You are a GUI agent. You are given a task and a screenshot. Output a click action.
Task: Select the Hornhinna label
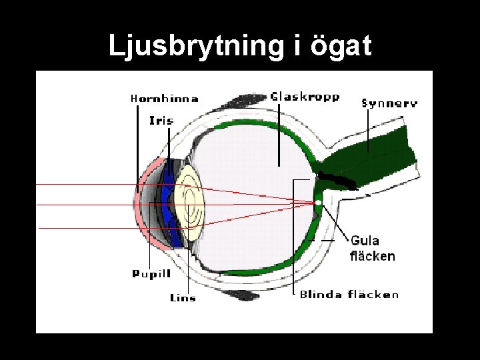pyautogui.click(x=164, y=99)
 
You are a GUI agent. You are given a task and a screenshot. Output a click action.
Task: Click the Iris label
pyautogui.click(x=161, y=121)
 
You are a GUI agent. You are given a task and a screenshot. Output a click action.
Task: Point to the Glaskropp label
pyautogui.click(x=305, y=97)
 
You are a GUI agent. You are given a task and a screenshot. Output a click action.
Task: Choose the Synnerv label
pyautogui.click(x=389, y=103)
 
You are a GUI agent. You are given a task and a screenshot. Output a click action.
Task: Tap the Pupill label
pyautogui.click(x=151, y=273)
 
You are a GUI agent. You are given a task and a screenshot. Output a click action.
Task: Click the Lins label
pyautogui.click(x=183, y=297)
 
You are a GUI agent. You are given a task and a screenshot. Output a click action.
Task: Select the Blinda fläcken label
pyautogui.click(x=349, y=294)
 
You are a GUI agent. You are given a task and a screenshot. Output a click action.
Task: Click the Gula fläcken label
pyautogui.click(x=372, y=248)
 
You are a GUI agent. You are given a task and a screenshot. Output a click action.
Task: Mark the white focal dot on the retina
pyautogui.click(x=319, y=202)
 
